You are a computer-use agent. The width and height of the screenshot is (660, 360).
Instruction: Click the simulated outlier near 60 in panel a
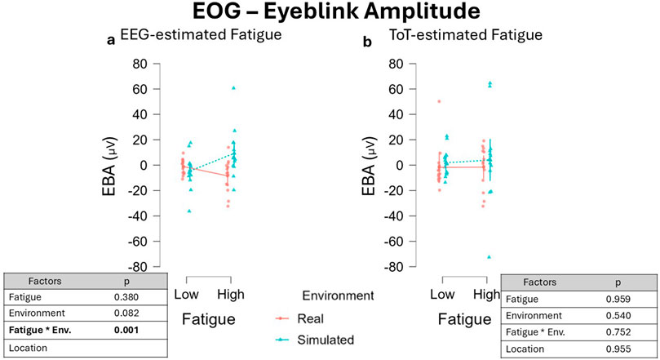coord(233,88)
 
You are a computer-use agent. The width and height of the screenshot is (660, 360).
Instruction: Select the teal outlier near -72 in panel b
coord(489,257)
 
